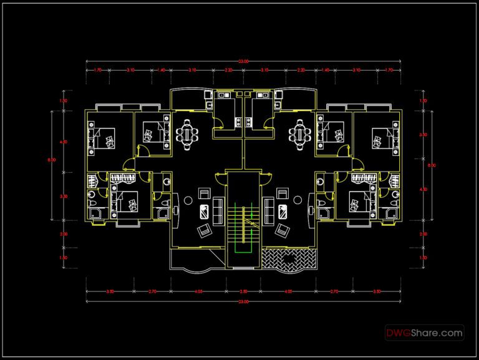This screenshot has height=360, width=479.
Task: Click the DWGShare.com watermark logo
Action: pos(424,333)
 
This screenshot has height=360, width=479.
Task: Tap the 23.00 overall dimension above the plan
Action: pos(243,61)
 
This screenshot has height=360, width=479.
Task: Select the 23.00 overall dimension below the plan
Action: pos(243,302)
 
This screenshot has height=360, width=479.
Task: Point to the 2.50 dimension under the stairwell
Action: pos(244,291)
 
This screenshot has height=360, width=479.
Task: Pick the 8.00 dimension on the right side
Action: pos(430,165)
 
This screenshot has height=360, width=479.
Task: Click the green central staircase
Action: pos(243,225)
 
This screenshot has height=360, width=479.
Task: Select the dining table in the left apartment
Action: pos(187,134)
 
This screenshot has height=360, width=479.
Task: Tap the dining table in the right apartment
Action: pos(301,134)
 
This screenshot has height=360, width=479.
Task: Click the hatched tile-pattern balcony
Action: pos(290,259)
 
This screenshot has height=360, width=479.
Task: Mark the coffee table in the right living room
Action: pos(282,210)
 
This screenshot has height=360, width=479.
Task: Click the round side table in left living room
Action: pos(190,200)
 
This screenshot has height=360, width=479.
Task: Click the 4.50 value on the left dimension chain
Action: pos(63,143)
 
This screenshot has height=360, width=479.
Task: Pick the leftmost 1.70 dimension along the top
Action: pos(98,71)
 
